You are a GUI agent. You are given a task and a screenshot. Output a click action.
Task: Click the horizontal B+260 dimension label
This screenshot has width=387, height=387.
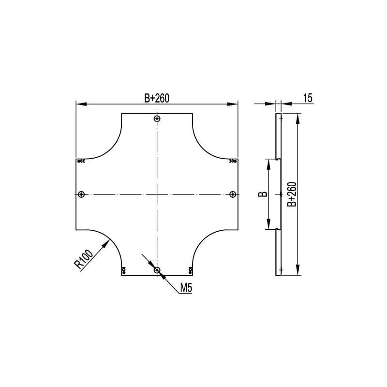157,98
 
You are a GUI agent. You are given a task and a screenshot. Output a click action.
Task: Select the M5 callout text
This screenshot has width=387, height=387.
186,288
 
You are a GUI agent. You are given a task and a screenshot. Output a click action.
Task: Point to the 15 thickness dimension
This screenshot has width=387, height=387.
308,98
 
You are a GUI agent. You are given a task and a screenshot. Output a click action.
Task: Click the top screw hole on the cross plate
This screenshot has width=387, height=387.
157,119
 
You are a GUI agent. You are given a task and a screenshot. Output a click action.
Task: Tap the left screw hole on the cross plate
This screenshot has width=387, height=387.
81,194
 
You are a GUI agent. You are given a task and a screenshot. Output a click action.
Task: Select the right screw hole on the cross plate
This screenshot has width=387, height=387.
233,194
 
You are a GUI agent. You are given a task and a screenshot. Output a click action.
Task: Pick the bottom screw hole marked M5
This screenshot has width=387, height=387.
157,270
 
